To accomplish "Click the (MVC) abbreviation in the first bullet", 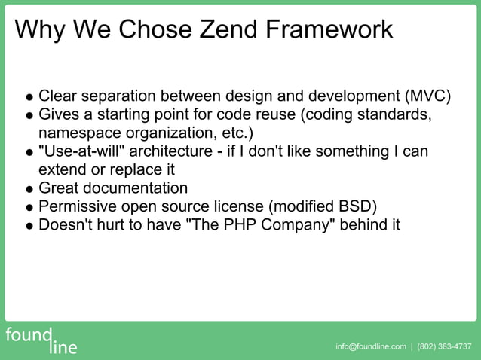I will (x=427, y=96).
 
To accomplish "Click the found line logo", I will (x=39, y=340).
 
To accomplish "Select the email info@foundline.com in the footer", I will (x=371, y=346).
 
